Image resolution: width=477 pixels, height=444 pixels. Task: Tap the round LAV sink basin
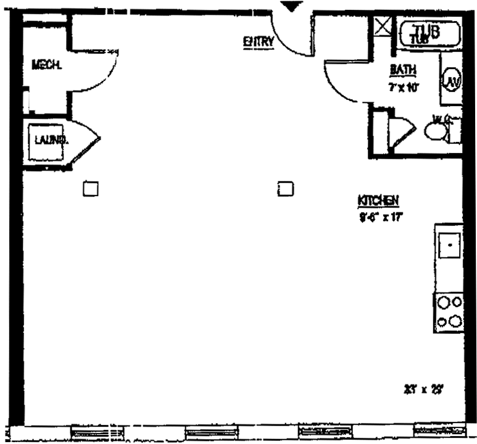pos(450,82)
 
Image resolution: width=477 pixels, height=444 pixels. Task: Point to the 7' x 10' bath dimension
pos(404,88)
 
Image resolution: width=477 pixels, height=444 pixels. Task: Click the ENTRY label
pos(258,42)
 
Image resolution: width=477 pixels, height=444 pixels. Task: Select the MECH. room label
pos(46,64)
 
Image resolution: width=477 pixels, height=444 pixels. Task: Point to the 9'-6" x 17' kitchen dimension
pos(381,216)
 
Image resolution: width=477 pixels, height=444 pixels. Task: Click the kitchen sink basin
pos(450,245)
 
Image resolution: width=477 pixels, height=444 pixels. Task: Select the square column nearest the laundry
pos(91,187)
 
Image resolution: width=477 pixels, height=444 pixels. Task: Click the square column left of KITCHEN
pos(284,187)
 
